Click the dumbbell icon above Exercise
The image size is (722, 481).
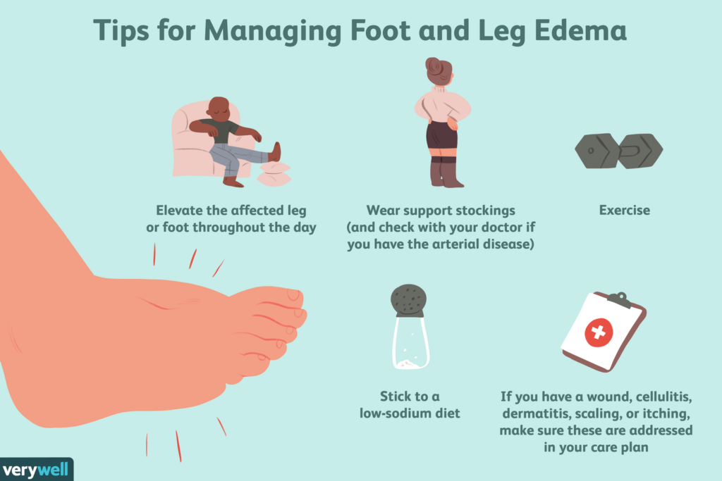coord(618,151)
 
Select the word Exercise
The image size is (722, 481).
coord(624,210)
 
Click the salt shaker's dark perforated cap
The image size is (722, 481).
coord(409,301)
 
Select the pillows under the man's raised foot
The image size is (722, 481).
coord(272,173)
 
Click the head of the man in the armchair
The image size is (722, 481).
coord(219,108)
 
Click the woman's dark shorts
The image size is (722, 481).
coord(442,135)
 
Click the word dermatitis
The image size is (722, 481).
coord(534,413)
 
